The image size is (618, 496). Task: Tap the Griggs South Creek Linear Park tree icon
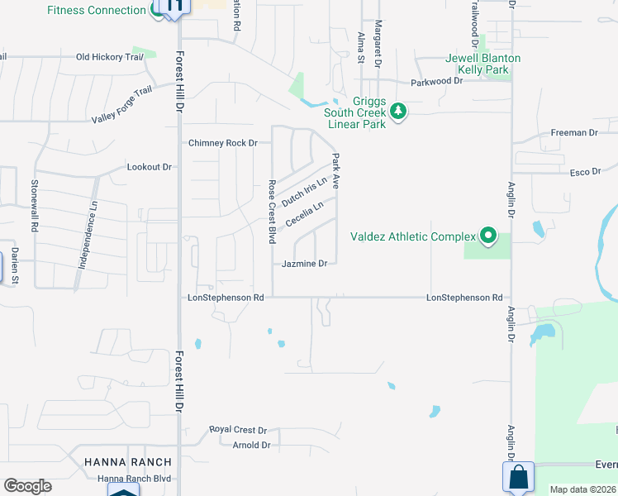(x=398, y=111)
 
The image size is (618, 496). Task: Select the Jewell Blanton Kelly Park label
(x=483, y=64)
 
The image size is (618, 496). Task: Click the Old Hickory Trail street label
(x=110, y=57)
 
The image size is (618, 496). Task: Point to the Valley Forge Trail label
(x=122, y=106)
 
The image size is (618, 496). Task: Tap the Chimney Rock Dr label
(x=223, y=143)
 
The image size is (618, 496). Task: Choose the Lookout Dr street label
(x=150, y=167)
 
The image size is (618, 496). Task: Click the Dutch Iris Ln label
(x=304, y=192)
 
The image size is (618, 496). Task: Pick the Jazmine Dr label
(x=305, y=264)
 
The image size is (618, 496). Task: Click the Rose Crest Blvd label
(x=271, y=212)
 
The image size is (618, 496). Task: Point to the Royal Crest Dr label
(x=238, y=430)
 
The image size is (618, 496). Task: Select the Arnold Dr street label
(x=251, y=445)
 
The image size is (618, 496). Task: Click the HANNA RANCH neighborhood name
(x=128, y=461)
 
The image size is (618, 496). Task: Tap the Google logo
(x=27, y=486)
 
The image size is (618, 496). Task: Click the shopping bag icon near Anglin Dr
(x=518, y=477)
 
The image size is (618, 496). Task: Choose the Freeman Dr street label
(x=573, y=133)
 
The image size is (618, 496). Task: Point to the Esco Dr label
(x=585, y=172)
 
